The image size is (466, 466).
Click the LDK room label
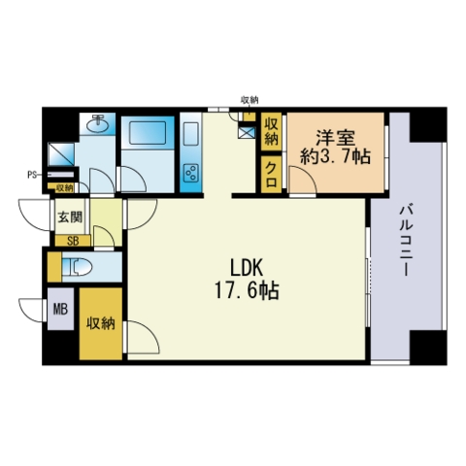[247, 268]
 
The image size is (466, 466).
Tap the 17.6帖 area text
[247, 290]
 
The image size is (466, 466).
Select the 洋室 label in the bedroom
[336, 138]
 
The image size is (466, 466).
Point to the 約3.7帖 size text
[335, 157]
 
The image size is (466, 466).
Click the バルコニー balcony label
[406, 241]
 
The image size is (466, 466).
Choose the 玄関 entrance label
[70, 216]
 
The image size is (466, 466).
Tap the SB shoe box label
[73, 241]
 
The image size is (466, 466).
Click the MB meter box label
[60, 310]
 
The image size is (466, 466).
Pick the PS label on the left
[32, 175]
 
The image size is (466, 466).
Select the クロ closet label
[271, 175]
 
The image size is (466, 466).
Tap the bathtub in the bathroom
[148, 132]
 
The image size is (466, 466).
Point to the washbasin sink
[97, 124]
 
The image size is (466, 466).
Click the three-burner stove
[191, 173]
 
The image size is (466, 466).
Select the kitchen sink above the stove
[190, 134]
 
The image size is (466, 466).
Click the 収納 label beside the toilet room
[101, 322]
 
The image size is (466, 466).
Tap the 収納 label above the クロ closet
[271, 131]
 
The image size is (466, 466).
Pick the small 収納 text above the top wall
[250, 100]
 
